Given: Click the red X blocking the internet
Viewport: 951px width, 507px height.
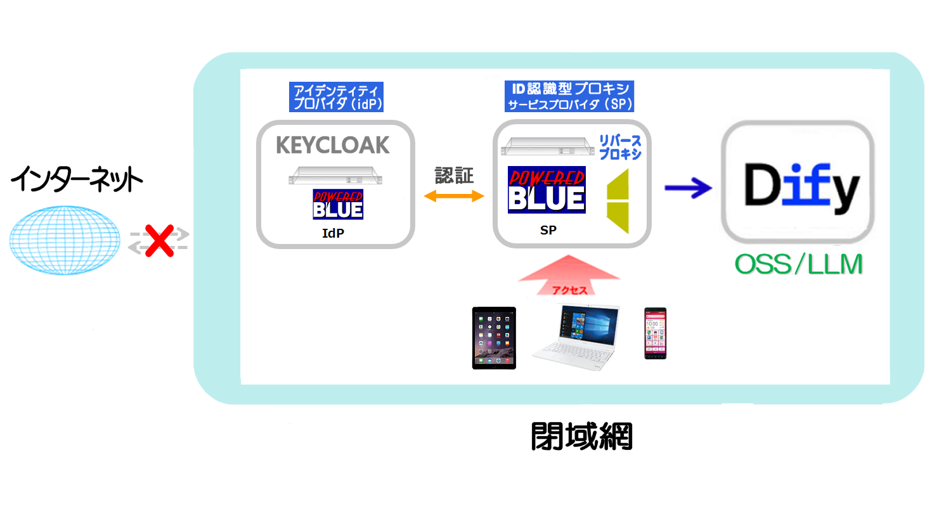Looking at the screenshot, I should pos(158,241).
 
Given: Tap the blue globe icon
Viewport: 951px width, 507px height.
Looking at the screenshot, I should pos(64,239).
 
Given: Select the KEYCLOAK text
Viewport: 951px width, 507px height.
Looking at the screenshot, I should pos(333,145).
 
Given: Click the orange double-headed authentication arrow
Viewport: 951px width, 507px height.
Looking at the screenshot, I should pos(454,196).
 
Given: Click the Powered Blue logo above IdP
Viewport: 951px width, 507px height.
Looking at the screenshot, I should pos(338,204).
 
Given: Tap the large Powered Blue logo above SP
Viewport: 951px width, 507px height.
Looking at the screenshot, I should pos(547,189).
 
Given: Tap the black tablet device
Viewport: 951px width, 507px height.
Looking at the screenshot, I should pos(494,338).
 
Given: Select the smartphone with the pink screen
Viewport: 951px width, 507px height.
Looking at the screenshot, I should pos(655,333).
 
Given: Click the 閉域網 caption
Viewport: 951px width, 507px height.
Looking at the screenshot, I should pos(581,436).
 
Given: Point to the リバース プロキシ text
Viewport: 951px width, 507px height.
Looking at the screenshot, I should pos(620,146).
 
